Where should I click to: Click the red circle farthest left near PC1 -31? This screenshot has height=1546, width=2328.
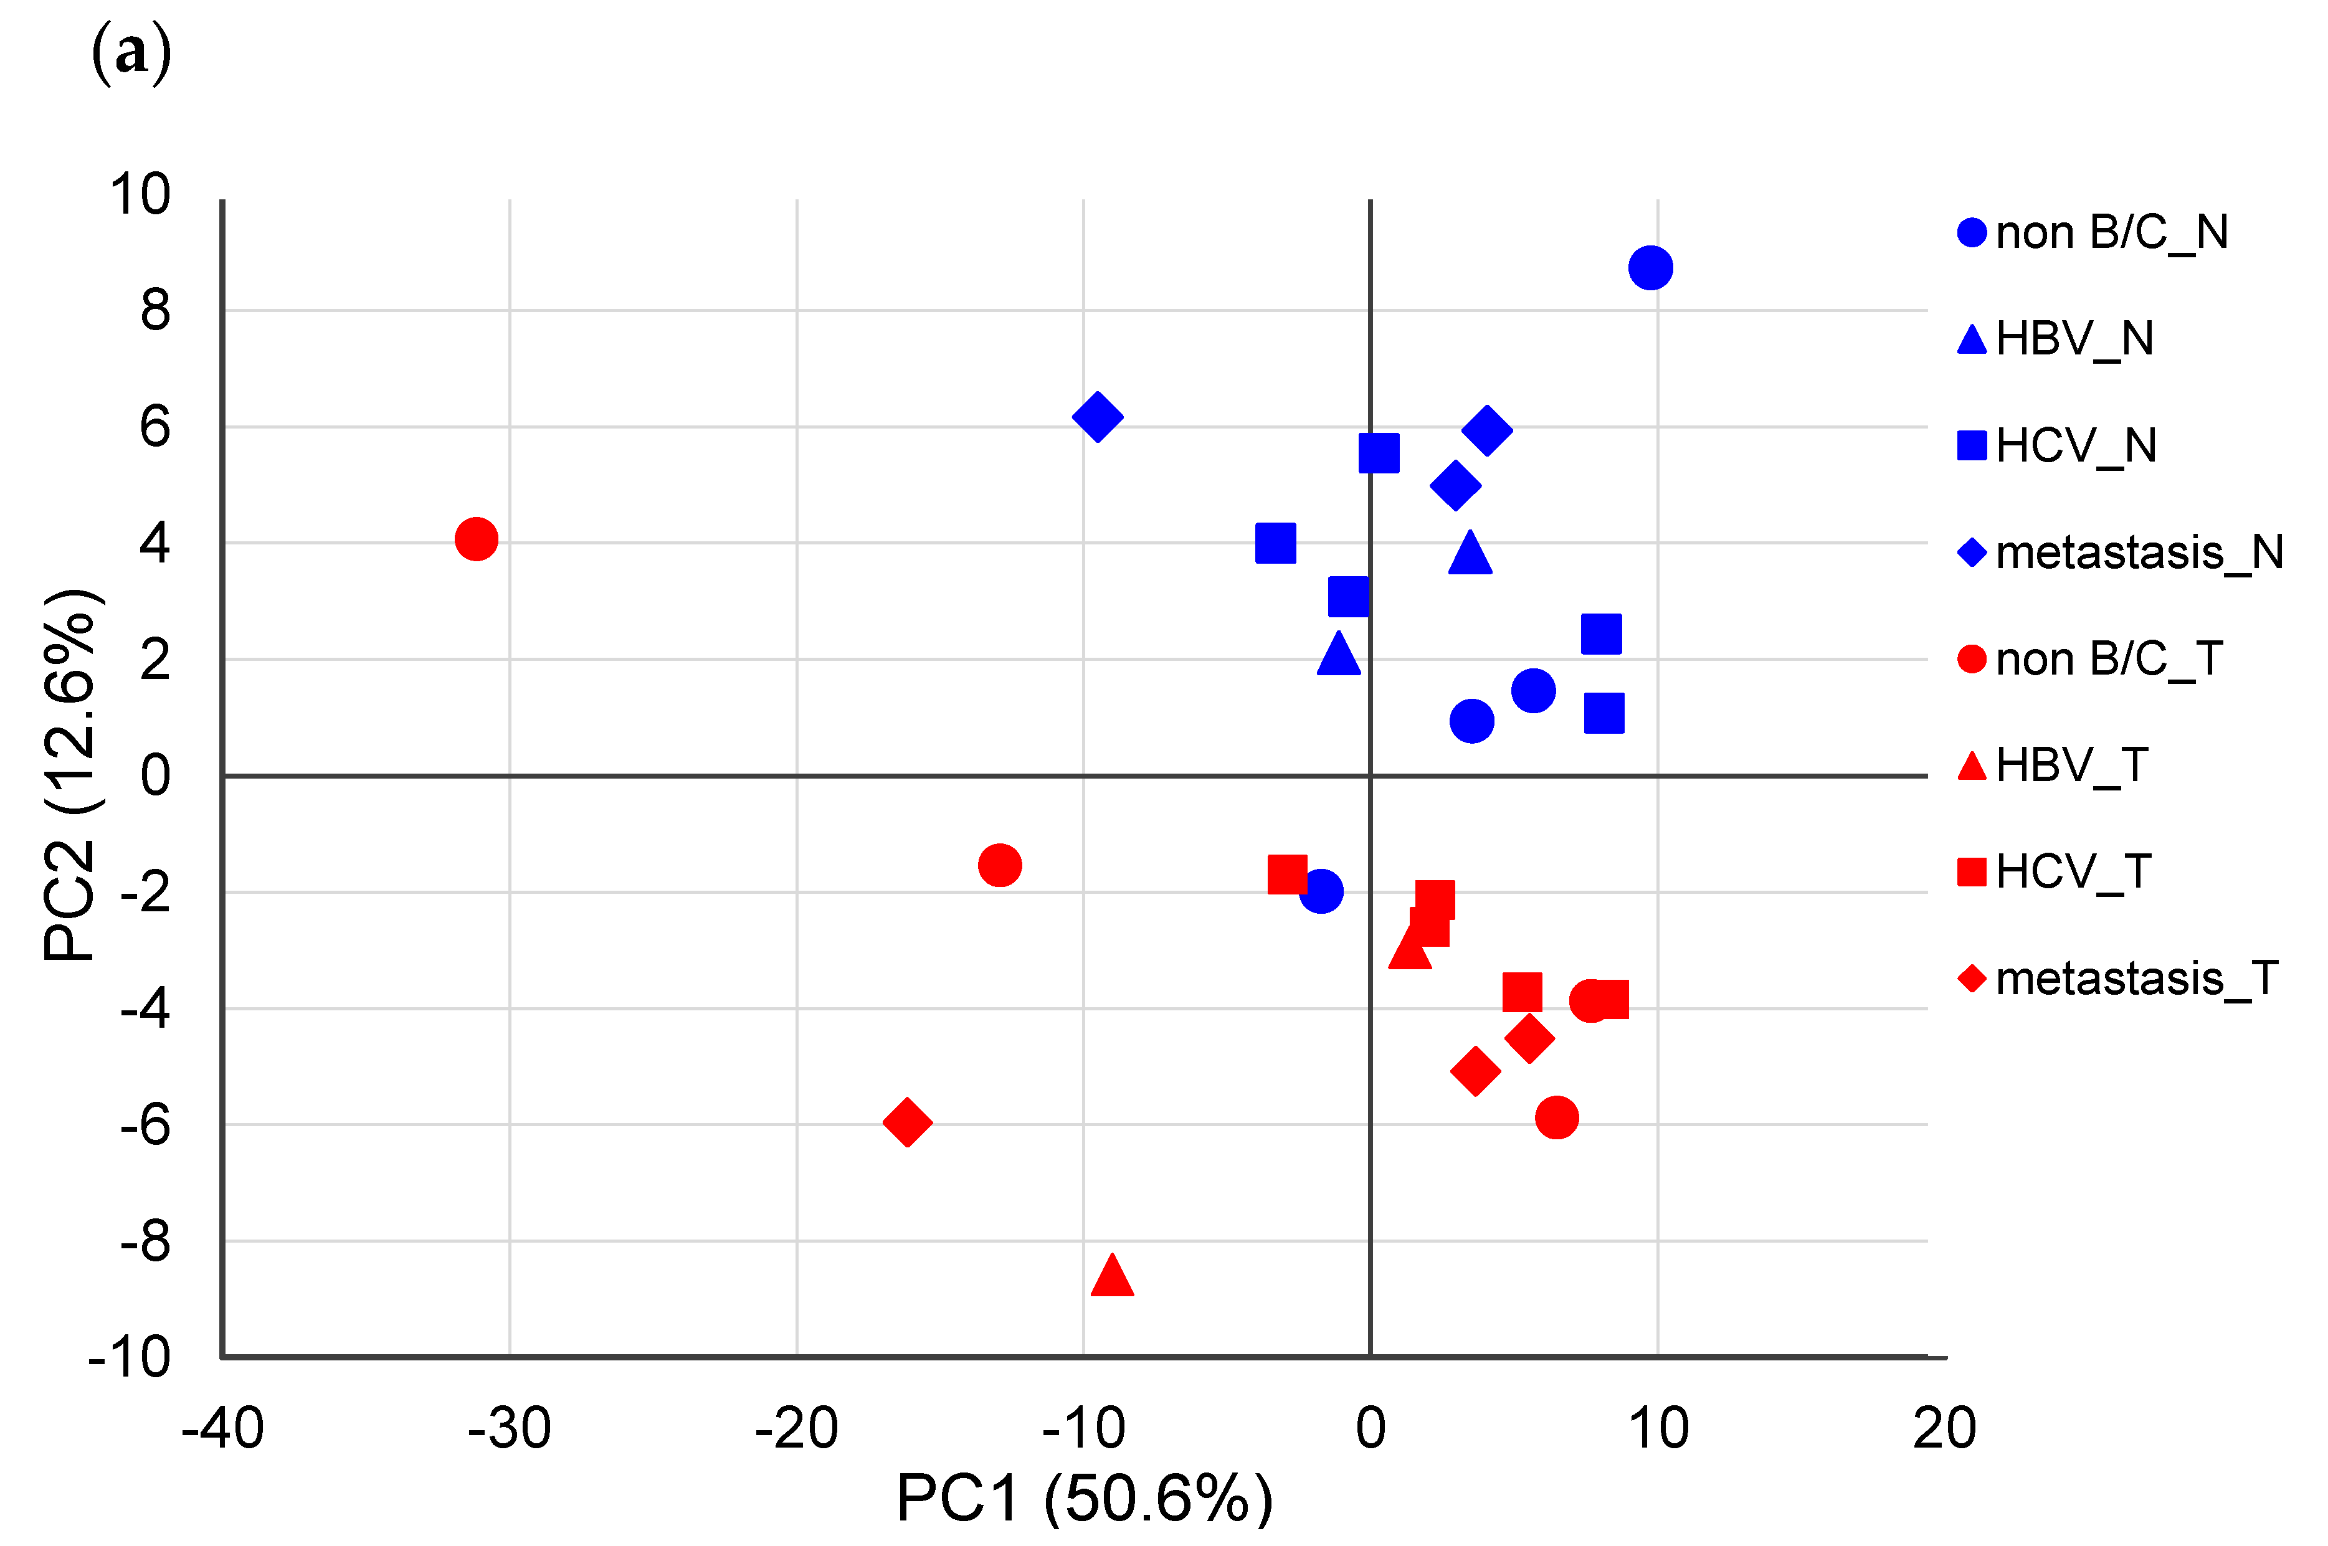(476, 539)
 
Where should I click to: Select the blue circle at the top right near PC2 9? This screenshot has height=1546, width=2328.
(1651, 267)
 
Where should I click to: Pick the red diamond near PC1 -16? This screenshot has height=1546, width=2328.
(907, 1121)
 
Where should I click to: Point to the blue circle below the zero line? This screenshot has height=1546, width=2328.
(1321, 891)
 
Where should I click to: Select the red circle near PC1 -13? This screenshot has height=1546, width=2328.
(1000, 866)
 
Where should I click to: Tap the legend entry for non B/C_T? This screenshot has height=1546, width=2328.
(2091, 658)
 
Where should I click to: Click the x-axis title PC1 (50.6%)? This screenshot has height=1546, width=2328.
(1084, 1499)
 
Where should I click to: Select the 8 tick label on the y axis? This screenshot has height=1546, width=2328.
(155, 311)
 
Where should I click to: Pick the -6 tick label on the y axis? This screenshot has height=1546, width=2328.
(145, 1125)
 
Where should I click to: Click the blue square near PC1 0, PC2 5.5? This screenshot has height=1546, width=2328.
(1379, 453)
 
